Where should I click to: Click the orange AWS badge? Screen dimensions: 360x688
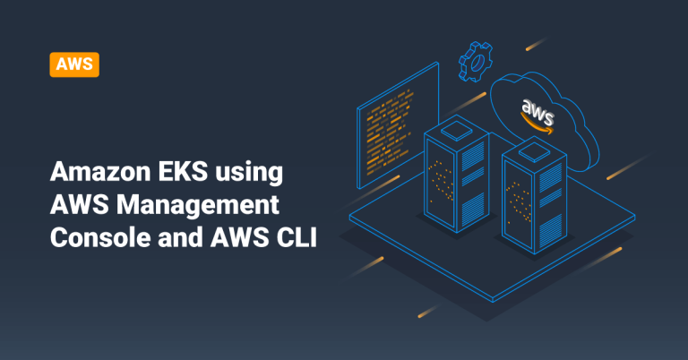tap(74, 64)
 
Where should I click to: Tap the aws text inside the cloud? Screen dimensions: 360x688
tap(538, 112)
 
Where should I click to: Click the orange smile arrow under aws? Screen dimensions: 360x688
tap(541, 128)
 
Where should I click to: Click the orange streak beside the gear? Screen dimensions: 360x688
tap(535, 43)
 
